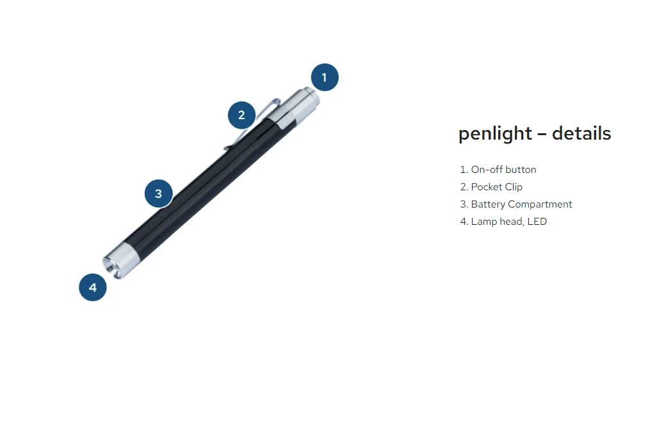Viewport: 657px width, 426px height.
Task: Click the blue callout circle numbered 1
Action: pyautogui.click(x=324, y=78)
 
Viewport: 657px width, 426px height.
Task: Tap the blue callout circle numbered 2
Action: pyautogui.click(x=241, y=115)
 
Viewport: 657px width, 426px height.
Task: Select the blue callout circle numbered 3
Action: pyautogui.click(x=158, y=193)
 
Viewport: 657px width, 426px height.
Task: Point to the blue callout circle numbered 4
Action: pyautogui.click(x=93, y=287)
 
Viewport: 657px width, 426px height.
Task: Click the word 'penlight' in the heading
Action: pyautogui.click(x=495, y=134)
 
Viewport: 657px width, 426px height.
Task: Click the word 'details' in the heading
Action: pyautogui.click(x=581, y=134)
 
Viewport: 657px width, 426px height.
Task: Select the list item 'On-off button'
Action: pyautogui.click(x=503, y=170)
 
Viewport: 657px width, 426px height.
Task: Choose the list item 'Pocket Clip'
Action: pyautogui.click(x=496, y=187)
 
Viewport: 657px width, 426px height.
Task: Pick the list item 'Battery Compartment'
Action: pyautogui.click(x=521, y=204)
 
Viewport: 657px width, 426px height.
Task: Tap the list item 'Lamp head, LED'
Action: pyautogui.click(x=508, y=222)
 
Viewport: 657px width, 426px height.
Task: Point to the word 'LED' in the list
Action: pyautogui.click(x=537, y=222)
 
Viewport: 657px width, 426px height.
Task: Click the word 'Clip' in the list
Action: pyautogui.click(x=514, y=187)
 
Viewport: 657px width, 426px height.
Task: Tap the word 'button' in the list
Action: pyautogui.click(x=521, y=170)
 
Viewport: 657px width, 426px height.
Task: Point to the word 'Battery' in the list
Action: pyautogui.click(x=488, y=204)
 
